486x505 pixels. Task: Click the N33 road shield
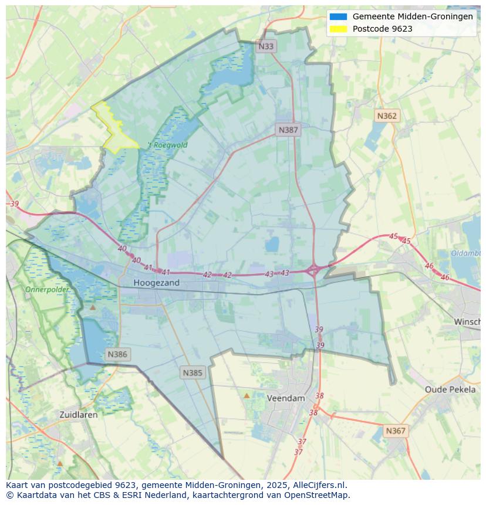click(x=266, y=46)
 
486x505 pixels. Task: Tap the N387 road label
click(x=288, y=130)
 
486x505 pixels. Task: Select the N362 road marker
click(x=387, y=116)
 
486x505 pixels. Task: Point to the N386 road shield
click(x=117, y=354)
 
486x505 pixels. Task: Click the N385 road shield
click(x=193, y=372)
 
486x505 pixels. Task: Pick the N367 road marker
click(x=396, y=431)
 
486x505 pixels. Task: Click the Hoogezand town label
click(x=156, y=283)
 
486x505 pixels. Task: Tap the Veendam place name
click(x=286, y=398)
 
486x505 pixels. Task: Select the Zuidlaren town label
click(x=79, y=414)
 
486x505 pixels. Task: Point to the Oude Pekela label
click(x=450, y=389)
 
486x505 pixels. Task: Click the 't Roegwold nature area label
click(x=167, y=145)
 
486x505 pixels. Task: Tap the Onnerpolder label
click(x=46, y=289)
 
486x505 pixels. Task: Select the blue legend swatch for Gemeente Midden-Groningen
click(x=338, y=16)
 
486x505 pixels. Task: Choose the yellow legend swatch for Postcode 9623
click(x=338, y=29)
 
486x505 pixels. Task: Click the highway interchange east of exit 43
click(x=313, y=270)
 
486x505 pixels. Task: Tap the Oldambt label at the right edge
click(x=466, y=253)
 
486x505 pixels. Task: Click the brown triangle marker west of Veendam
click(x=247, y=396)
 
